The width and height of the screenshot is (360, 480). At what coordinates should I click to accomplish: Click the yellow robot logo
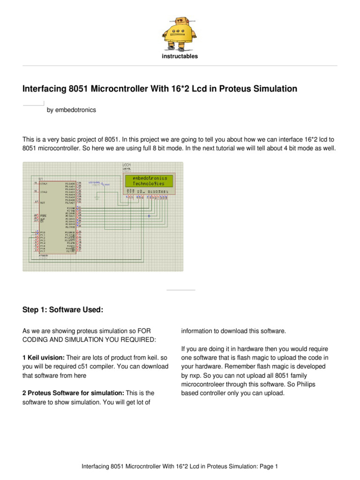180,34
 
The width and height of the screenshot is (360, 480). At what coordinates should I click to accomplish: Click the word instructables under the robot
180,56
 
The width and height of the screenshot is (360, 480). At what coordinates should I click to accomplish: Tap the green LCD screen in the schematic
149,181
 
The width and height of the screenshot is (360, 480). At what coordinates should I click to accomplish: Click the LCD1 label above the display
127,165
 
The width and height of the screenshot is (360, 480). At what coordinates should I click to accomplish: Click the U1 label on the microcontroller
41,179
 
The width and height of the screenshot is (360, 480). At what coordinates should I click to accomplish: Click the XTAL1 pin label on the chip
45,183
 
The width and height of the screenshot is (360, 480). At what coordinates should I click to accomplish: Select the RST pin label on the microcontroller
42,202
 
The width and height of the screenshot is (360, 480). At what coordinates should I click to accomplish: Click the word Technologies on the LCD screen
149,184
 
